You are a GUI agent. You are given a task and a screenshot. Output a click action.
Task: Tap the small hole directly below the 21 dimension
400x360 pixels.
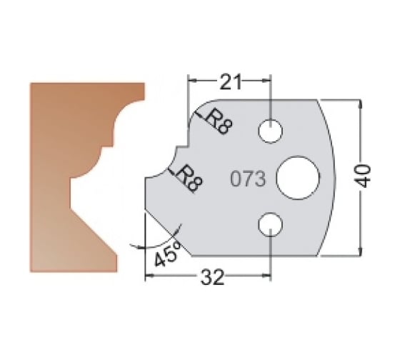(271, 130)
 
